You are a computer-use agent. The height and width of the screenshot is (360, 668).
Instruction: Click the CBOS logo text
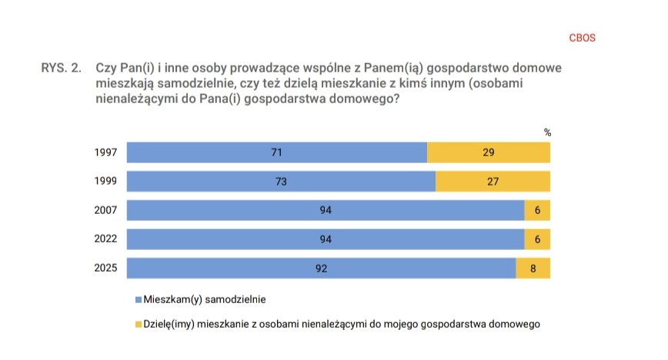point(582,37)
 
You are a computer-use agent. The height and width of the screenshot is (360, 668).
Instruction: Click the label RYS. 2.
point(61,68)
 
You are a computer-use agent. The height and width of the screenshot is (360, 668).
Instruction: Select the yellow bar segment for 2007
point(537,211)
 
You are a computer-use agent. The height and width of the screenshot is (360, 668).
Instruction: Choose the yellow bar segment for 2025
point(533,268)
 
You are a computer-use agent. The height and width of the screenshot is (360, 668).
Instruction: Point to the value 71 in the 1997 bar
point(276,152)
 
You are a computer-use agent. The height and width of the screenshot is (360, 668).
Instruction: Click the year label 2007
point(106,211)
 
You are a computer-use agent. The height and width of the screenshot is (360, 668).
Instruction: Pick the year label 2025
point(106,268)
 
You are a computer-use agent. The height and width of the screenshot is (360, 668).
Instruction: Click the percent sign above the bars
point(548,132)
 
